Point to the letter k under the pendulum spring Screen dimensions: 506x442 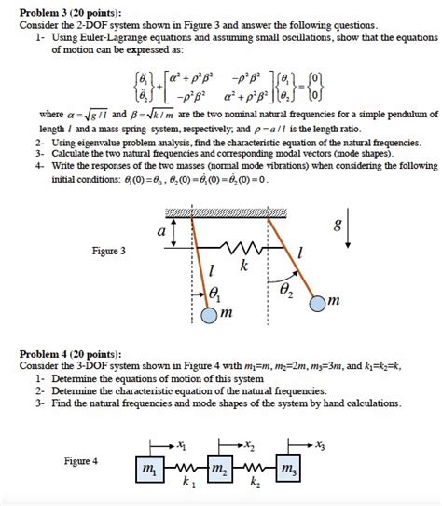[x=244, y=266]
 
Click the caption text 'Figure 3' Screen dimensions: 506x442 [x=109, y=252]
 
